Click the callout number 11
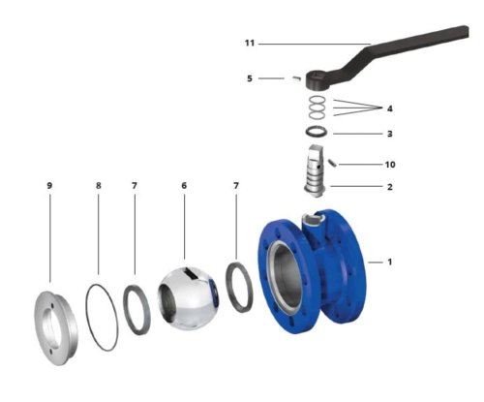tap(250, 43)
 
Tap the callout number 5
tap(250, 78)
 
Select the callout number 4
tap(390, 108)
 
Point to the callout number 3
tap(390, 134)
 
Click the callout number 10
tap(390, 165)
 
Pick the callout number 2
tap(390, 187)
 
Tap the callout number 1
tap(390, 262)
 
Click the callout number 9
tap(49, 186)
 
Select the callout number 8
tap(99, 186)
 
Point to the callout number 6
tap(184, 186)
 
